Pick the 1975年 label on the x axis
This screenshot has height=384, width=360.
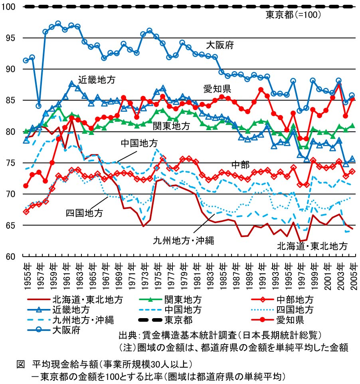156,272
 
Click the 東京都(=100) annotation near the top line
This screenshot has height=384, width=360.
293,15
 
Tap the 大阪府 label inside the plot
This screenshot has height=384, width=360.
220,45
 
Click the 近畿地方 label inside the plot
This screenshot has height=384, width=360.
97,80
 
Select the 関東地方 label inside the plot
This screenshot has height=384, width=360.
171,127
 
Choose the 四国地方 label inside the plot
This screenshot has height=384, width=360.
84,213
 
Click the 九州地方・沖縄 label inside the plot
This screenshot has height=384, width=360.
184,240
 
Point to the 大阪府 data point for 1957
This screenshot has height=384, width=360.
39,106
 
